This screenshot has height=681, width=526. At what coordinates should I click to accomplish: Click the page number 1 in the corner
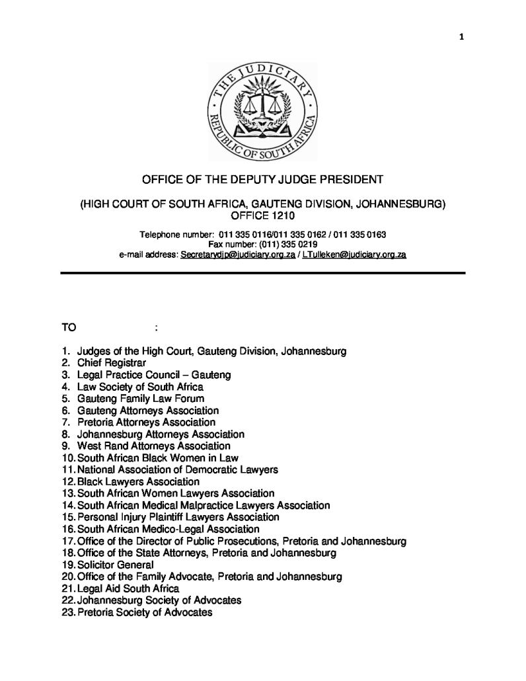pyautogui.click(x=462, y=37)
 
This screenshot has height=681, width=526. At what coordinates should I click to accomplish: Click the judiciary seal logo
pyautogui.click(x=263, y=110)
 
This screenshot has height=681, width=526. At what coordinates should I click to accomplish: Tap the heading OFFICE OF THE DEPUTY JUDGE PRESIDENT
pyautogui.click(x=263, y=180)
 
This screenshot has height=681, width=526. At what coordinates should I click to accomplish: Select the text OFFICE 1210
pyautogui.click(x=263, y=216)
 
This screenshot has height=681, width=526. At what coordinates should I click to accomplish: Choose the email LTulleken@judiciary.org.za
pyautogui.click(x=354, y=255)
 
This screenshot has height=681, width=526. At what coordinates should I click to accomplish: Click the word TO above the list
pyautogui.click(x=69, y=327)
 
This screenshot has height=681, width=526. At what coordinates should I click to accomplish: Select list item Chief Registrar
pyautogui.click(x=112, y=363)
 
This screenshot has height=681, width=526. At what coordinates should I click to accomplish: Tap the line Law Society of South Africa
pyautogui.click(x=140, y=387)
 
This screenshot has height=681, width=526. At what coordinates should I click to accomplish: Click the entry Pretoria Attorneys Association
pyautogui.click(x=146, y=422)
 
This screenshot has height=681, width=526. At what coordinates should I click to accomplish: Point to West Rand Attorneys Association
pyautogui.click(x=154, y=446)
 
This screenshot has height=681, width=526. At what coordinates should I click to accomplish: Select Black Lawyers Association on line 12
pyautogui.click(x=138, y=482)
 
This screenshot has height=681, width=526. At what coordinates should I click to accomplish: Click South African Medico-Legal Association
pyautogui.click(x=169, y=530)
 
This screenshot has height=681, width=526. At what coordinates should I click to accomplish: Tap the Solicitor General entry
pyautogui.click(x=116, y=565)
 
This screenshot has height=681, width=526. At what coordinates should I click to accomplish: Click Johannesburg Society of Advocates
pyautogui.click(x=159, y=601)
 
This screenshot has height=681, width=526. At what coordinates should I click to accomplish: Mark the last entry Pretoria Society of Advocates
pyautogui.click(x=145, y=613)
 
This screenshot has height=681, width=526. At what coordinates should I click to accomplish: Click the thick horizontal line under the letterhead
pyautogui.click(x=263, y=272)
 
